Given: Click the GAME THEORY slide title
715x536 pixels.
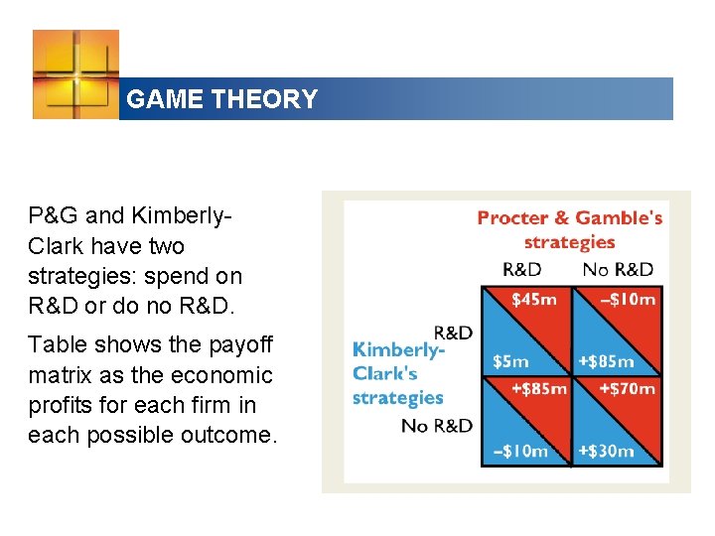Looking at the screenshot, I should (x=222, y=99).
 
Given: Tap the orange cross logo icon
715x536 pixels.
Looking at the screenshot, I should (x=75, y=74).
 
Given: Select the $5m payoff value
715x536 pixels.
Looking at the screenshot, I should (x=511, y=362).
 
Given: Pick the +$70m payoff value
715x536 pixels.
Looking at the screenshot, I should (x=627, y=388).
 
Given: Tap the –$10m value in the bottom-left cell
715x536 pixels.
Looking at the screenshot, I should (x=520, y=451).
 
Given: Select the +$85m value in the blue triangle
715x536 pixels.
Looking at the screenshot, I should (x=605, y=362).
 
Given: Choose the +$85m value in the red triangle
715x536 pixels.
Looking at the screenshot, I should (x=538, y=388).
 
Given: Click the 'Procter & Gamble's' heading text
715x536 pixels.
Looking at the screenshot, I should (x=569, y=218).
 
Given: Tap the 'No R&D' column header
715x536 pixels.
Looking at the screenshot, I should (x=618, y=269).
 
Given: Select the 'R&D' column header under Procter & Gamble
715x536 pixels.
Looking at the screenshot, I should (x=522, y=269).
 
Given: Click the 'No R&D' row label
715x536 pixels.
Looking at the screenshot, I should (x=436, y=426).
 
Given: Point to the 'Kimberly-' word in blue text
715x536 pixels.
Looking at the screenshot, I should (x=398, y=349).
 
